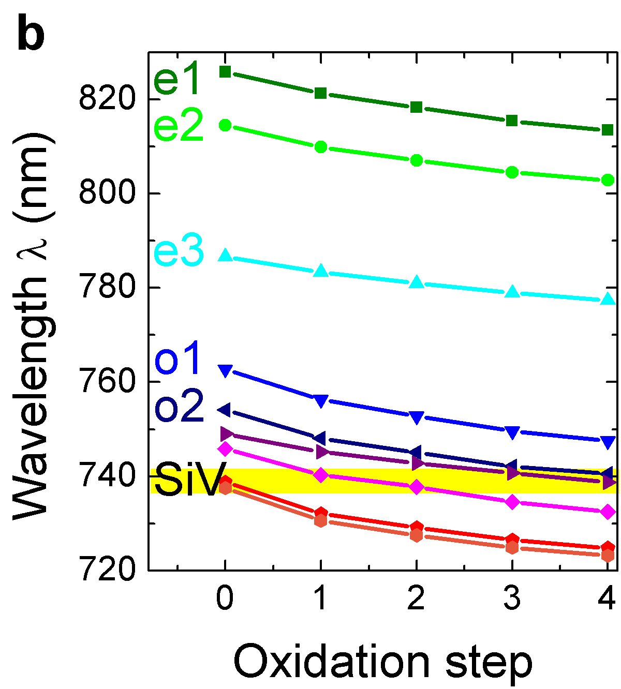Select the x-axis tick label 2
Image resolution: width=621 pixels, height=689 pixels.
(x=416, y=600)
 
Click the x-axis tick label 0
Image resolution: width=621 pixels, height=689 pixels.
(x=225, y=600)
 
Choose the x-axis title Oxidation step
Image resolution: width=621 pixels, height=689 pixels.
(x=383, y=662)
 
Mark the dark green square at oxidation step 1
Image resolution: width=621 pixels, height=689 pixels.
(x=321, y=93)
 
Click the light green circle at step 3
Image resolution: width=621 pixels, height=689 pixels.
(x=512, y=172)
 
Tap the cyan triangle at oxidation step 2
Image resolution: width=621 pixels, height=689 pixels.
(x=417, y=282)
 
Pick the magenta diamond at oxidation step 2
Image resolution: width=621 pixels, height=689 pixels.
(x=417, y=487)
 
